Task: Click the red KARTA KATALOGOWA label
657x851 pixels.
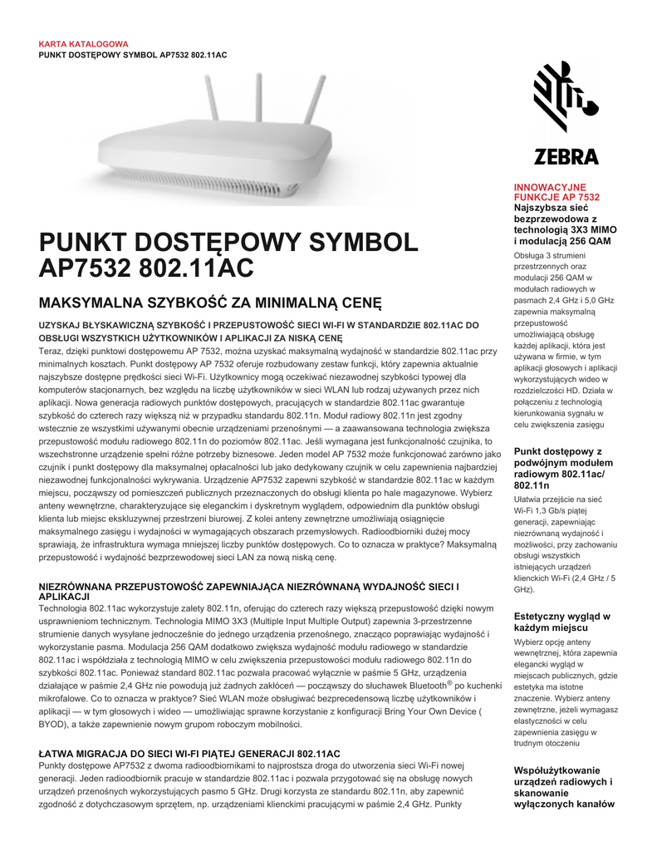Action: [83, 44]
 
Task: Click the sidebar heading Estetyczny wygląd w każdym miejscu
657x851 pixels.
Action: [562, 622]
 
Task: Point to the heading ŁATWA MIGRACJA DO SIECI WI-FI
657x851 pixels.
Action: [189, 754]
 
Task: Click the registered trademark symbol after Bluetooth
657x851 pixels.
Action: [449, 683]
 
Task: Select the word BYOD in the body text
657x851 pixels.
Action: [52, 725]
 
